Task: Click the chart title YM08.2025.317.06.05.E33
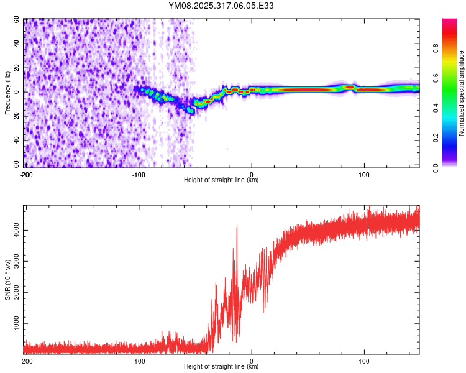pos(221,6)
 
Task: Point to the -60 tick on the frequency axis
pos(16,164)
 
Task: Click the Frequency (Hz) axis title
pos(7,93)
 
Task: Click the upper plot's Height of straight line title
pos(221,180)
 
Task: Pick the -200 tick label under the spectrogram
pos(25,174)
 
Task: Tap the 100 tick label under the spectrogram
pos(364,174)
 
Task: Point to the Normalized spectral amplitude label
pos(462,93)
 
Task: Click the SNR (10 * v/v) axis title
pos(7,280)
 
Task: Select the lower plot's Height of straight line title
pos(221,367)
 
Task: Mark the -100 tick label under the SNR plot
pos(139,361)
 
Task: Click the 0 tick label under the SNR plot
pos(252,361)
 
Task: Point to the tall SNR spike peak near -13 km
pos(237,225)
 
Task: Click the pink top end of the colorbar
pos(450,21)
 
